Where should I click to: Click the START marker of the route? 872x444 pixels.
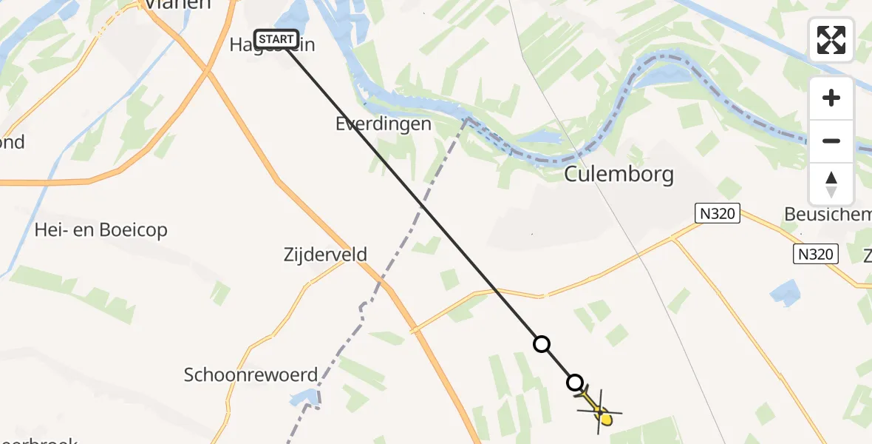tap(276, 39)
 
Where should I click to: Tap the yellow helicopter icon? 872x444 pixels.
tap(600, 412)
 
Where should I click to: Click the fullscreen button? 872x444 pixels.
tap(831, 40)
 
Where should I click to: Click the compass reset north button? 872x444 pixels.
tap(831, 184)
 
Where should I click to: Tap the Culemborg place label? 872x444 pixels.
tap(619, 175)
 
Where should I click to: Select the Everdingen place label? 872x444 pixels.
tap(383, 124)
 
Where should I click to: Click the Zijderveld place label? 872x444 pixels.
tap(325, 255)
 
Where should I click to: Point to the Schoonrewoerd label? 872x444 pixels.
tap(251, 374)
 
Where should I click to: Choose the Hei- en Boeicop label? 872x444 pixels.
tap(101, 230)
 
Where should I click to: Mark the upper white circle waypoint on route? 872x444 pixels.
tap(542, 344)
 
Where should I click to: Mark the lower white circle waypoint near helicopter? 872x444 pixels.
tap(575, 383)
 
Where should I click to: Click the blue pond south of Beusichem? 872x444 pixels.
tap(784, 292)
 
